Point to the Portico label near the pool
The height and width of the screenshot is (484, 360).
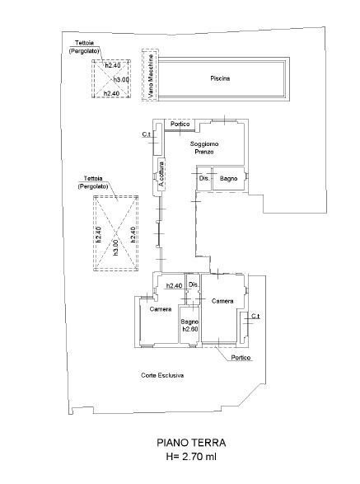pyautogui.click(x=180, y=125)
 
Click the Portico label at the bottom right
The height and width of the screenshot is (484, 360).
pyautogui.click(x=241, y=358)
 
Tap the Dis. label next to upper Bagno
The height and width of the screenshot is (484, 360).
pyautogui.click(x=203, y=178)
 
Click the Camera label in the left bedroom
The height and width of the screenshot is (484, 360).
pyautogui.click(x=160, y=309)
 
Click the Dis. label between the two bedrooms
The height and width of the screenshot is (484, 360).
pyautogui.click(x=194, y=285)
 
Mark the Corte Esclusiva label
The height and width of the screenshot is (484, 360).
pyautogui.click(x=161, y=375)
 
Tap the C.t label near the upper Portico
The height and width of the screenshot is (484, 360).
pyautogui.click(x=146, y=134)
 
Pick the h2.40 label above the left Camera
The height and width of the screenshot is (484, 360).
pyautogui.click(x=174, y=286)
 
